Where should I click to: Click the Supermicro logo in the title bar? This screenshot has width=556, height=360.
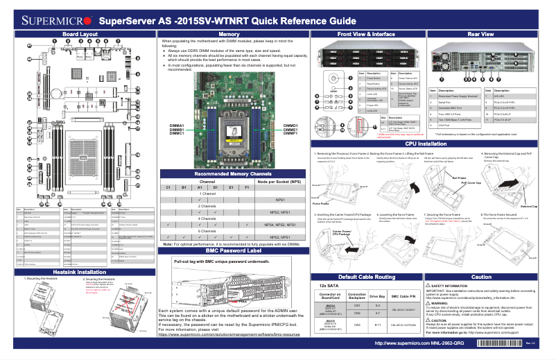[48, 19]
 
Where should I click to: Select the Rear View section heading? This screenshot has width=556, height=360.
[480, 33]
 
